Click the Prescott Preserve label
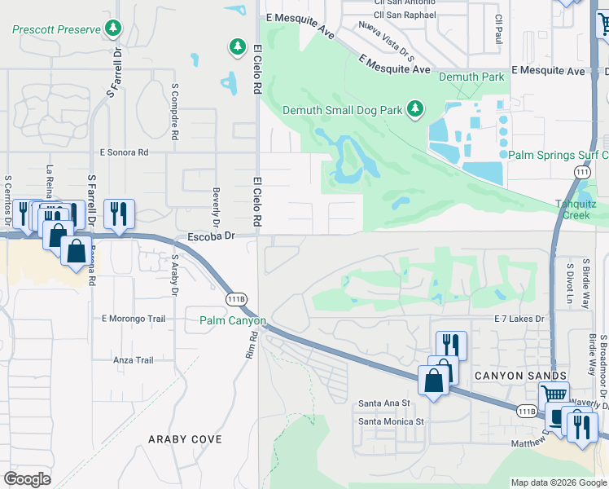(55, 29)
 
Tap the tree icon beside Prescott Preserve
(113, 29)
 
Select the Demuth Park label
(471, 77)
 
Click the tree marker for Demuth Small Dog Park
(415, 109)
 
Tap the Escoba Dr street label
(211, 236)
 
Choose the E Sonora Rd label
(124, 152)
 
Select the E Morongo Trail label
(134, 318)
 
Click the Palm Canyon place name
(232, 321)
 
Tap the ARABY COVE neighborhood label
(185, 439)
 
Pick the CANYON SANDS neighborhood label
(507, 373)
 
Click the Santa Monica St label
(392, 421)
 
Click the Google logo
(27, 479)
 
